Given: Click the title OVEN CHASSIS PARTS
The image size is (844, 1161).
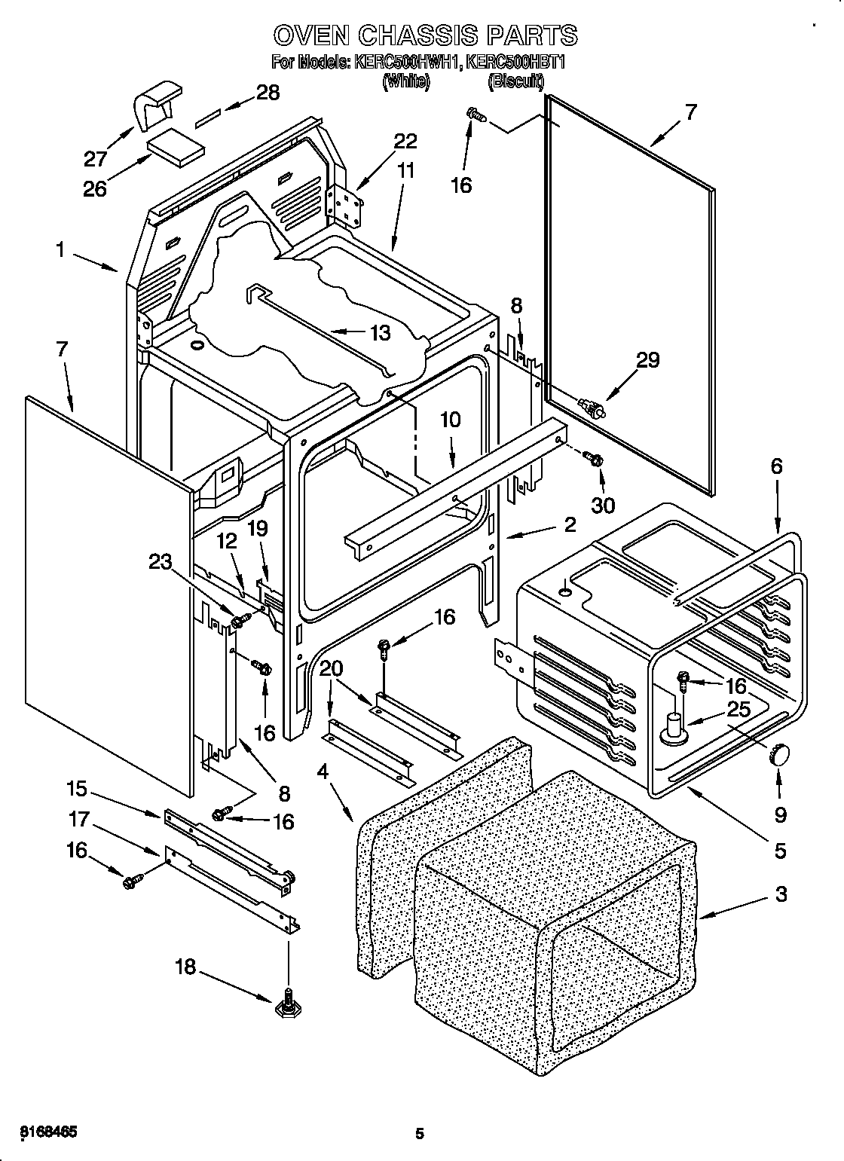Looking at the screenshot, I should [424, 35].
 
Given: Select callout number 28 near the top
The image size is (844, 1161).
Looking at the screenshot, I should [268, 93].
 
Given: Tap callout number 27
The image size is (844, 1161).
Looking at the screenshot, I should [95, 158].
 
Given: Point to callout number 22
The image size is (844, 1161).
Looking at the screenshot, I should [405, 141].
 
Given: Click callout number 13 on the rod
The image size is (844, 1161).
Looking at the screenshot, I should [381, 332].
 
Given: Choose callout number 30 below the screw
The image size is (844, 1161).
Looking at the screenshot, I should [602, 505].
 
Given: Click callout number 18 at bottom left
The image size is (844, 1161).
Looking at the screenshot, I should [185, 967].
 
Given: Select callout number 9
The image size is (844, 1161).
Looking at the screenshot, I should [780, 814].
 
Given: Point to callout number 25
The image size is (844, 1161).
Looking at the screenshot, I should [738, 708].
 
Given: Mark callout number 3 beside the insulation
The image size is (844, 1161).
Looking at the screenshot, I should [781, 894].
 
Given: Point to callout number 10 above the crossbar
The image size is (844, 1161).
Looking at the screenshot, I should [450, 420].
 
